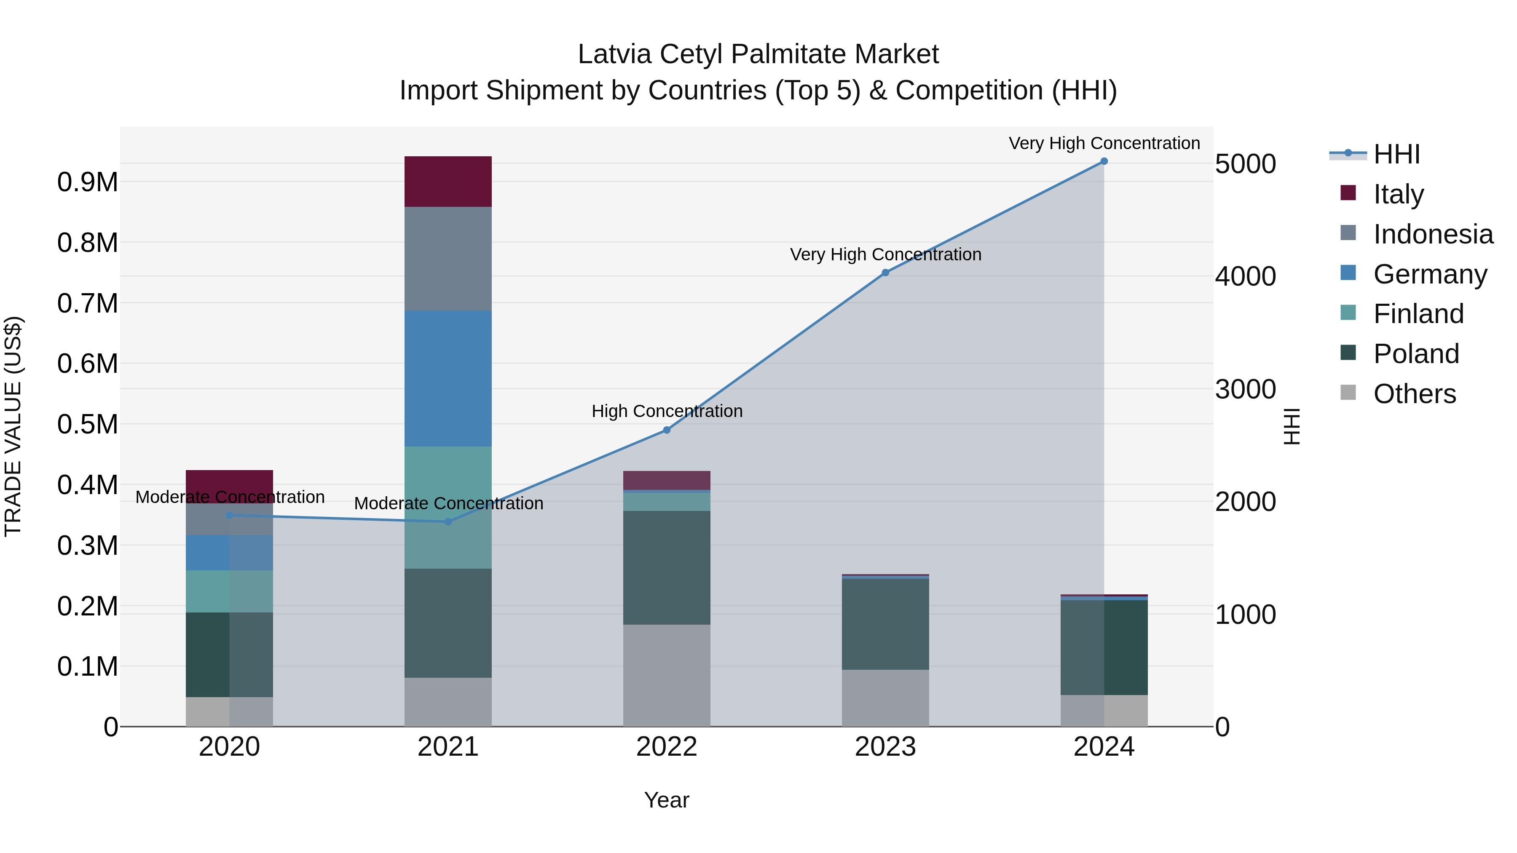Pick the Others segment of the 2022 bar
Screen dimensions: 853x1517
667,675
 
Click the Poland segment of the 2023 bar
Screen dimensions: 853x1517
885,624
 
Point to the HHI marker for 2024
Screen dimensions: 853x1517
1104,161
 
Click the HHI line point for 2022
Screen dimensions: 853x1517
667,431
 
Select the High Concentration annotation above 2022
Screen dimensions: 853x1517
667,411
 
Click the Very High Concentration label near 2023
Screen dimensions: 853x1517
885,254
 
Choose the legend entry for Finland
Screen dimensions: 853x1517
1418,314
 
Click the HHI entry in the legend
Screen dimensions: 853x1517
1396,154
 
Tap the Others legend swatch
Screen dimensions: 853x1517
1348,393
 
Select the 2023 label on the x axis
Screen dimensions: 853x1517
885,747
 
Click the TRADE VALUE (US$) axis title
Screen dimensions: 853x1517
13,426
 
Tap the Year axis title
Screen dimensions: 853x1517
667,800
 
